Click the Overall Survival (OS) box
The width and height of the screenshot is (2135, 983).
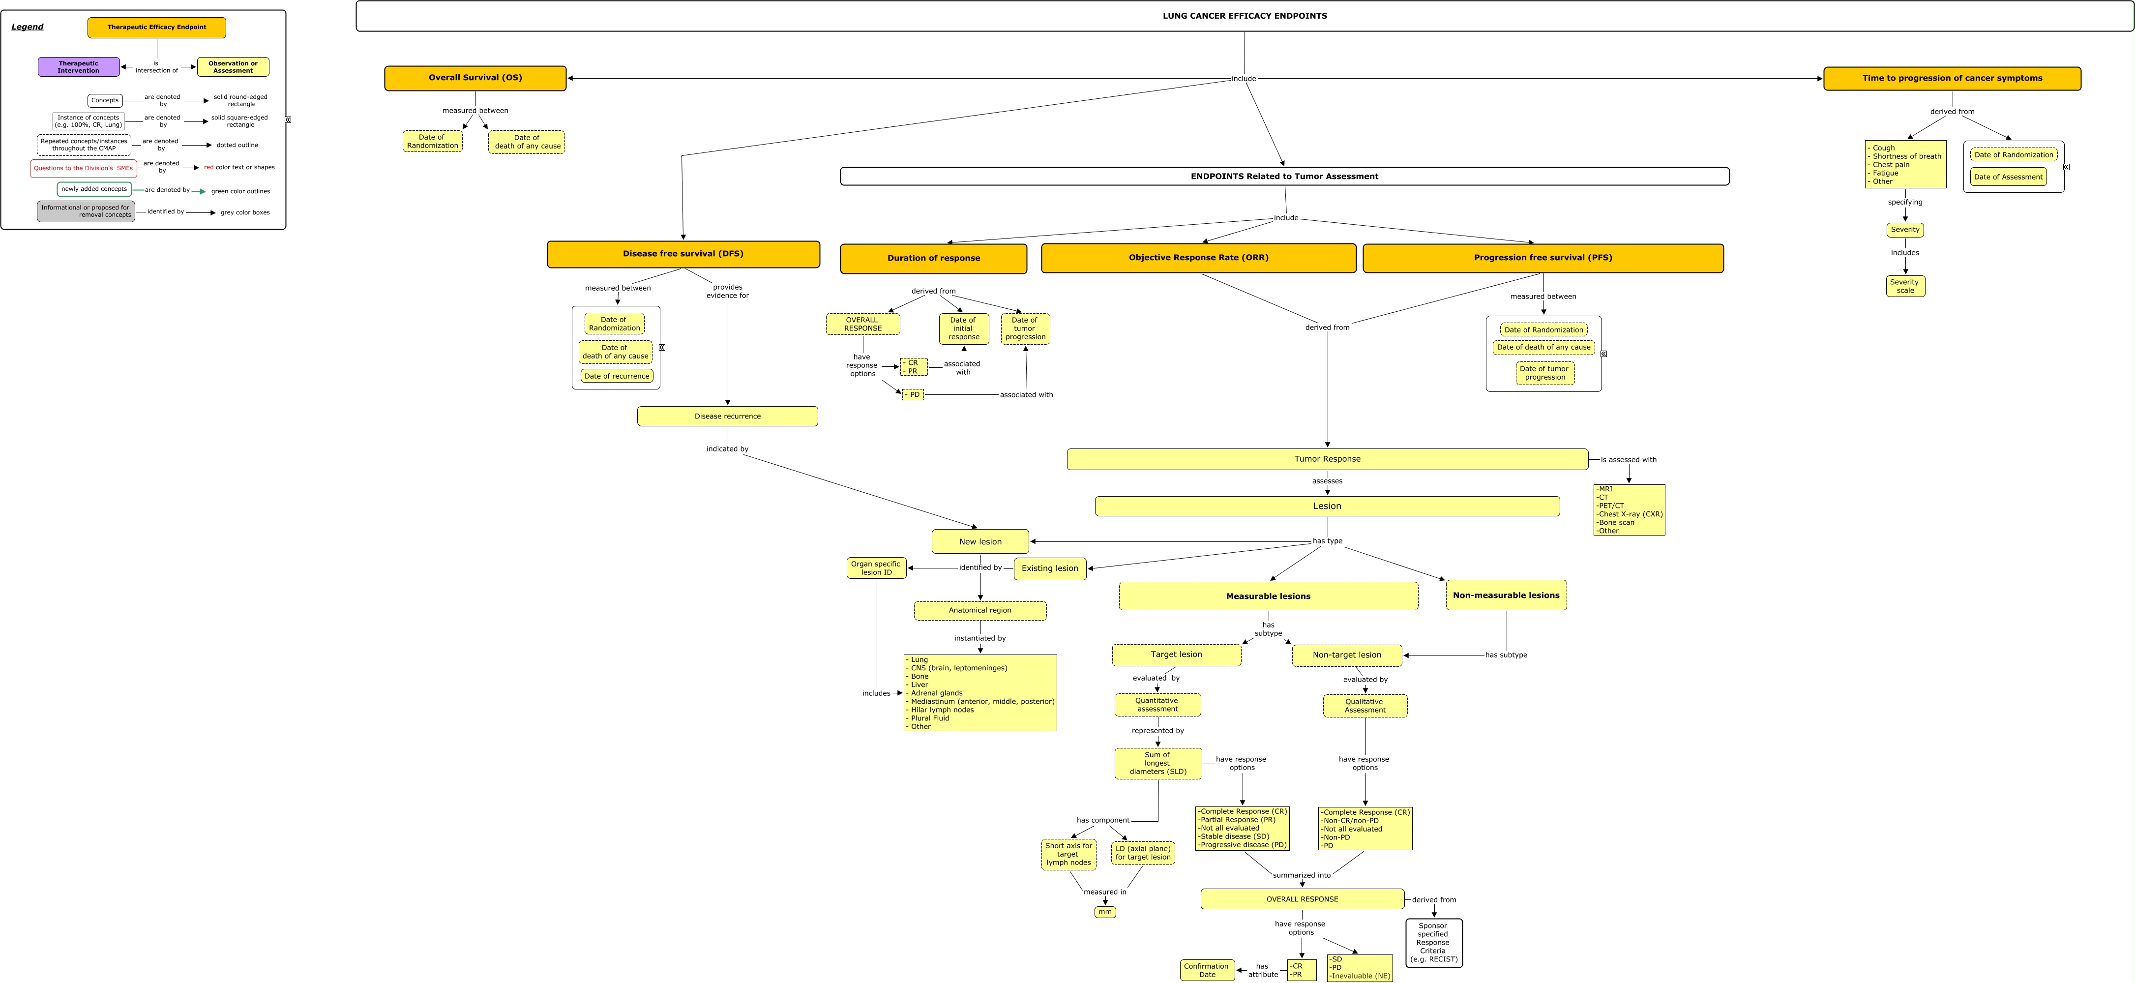475,78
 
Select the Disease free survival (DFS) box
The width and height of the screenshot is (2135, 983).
683,254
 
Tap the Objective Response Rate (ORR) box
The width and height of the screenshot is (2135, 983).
1198,258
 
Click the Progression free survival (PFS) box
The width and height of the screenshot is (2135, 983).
1542,258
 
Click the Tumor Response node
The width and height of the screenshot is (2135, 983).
1327,459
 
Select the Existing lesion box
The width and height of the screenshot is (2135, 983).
1049,568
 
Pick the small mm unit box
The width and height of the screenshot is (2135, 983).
1105,912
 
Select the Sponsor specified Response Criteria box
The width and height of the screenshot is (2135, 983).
1433,942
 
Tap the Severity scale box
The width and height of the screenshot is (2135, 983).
1904,286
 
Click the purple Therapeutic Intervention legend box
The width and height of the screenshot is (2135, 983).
79,67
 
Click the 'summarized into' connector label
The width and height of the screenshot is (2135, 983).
1301,875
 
